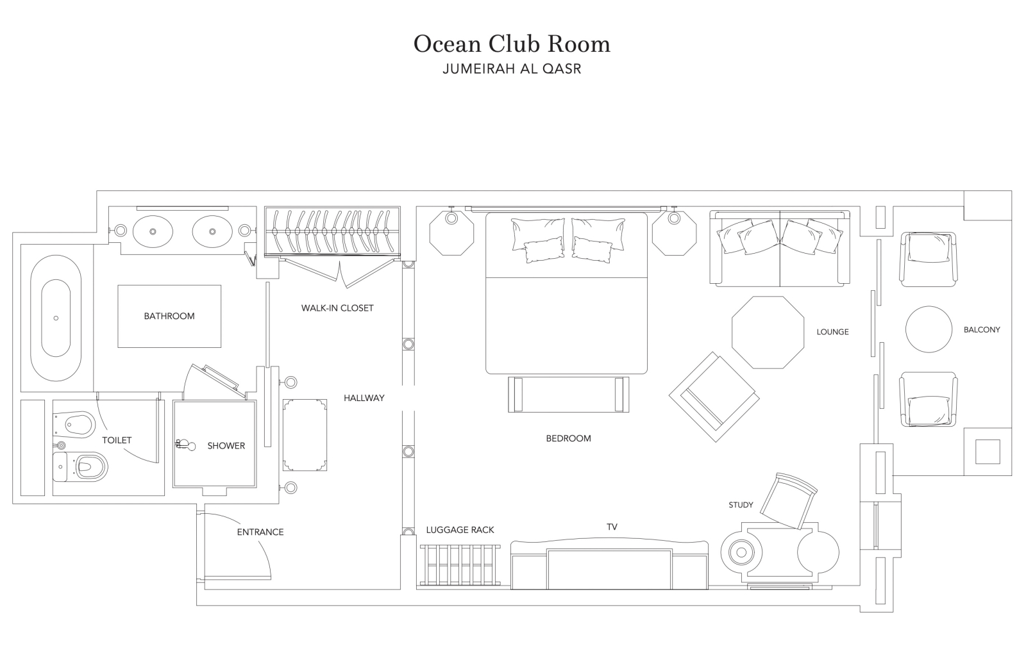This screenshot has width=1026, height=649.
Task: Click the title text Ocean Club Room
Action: (512, 44)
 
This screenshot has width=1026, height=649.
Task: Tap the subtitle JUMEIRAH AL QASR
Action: (512, 69)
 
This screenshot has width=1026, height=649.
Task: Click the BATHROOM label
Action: (169, 316)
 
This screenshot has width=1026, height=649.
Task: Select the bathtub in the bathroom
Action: (56, 318)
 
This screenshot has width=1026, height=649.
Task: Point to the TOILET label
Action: (117, 440)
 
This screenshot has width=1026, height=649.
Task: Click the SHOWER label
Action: (226, 446)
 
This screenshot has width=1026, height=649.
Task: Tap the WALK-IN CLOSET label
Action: (337, 308)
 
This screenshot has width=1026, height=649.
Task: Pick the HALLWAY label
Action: (364, 398)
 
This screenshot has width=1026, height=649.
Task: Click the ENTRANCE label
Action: (260, 532)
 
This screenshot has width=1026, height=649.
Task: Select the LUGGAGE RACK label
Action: (460, 530)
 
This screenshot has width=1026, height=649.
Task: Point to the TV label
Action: (612, 527)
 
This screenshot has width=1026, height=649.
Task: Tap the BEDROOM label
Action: (568, 438)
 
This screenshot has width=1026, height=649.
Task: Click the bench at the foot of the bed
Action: (568, 395)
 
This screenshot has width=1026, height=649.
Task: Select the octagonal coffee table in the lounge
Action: (768, 333)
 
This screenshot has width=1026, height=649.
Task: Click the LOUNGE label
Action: (833, 332)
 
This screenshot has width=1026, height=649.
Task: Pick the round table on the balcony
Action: (929, 329)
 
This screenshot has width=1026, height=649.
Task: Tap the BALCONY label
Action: (982, 329)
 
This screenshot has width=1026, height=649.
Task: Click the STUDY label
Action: (741, 505)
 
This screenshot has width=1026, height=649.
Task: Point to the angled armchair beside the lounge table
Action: (714, 397)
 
